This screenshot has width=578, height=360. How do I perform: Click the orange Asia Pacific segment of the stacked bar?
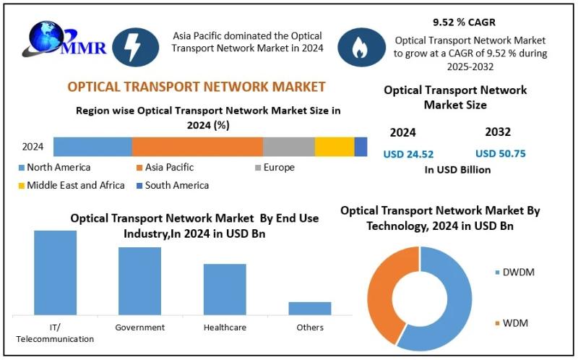[x=197, y=146]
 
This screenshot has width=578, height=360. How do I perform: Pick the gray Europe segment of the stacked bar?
[x=288, y=146]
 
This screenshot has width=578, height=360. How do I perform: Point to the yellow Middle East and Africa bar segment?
[x=334, y=146]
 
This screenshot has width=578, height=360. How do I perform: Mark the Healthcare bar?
[x=225, y=288]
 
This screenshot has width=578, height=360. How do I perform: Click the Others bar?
[x=310, y=308]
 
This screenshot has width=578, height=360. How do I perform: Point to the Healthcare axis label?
[x=225, y=327]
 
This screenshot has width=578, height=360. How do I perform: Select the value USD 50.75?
[x=500, y=153]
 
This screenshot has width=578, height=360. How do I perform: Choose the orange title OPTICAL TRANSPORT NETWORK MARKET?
[x=197, y=87]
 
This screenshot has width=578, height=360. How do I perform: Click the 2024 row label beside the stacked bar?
[x=33, y=147]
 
